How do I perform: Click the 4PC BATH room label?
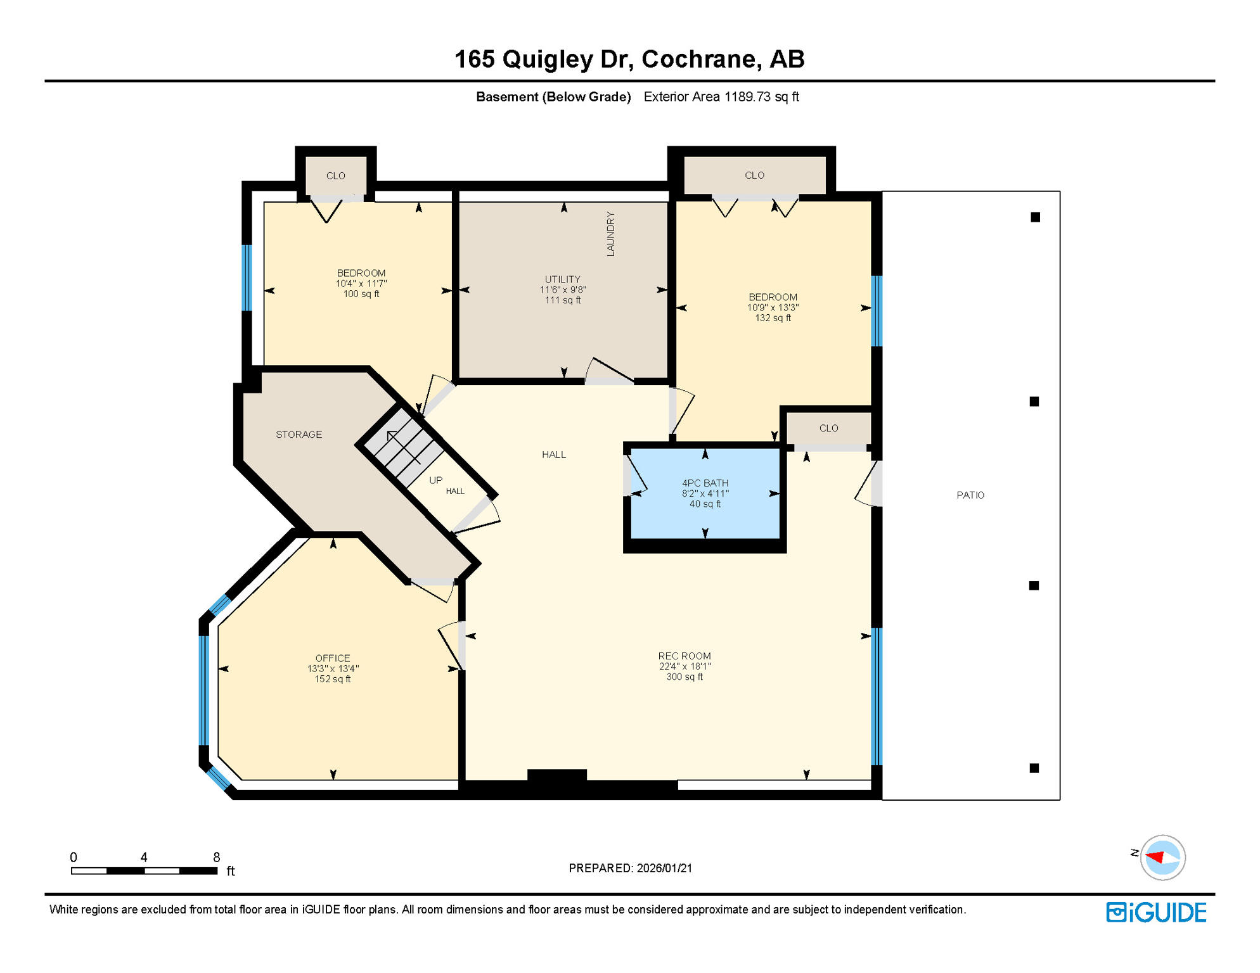(x=705, y=483)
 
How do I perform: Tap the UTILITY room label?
(x=562, y=279)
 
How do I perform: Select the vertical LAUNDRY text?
(x=610, y=234)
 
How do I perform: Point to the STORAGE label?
(x=299, y=435)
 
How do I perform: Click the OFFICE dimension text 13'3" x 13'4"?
(x=333, y=669)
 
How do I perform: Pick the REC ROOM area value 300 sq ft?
(x=685, y=677)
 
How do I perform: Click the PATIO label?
(x=970, y=495)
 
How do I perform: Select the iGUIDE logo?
(x=1156, y=913)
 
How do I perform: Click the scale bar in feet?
(x=145, y=871)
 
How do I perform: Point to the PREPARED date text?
(x=630, y=868)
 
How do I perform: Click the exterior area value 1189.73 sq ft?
(x=761, y=97)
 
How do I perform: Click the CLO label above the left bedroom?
(x=335, y=176)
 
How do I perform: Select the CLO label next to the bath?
(x=828, y=428)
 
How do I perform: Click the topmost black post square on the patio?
(x=1035, y=217)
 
